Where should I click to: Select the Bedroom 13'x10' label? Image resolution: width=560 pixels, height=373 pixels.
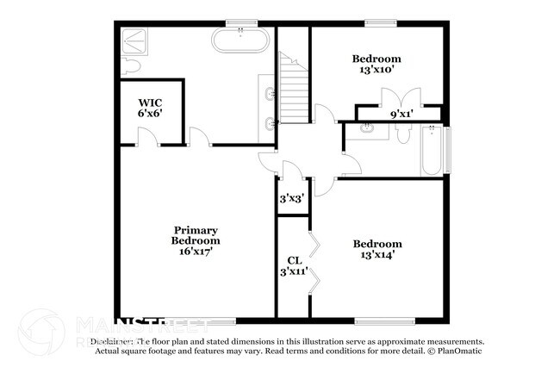(376, 65)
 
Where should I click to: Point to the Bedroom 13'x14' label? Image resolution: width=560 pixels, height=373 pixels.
(376, 249)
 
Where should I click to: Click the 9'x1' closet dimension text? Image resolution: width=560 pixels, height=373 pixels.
(401, 113)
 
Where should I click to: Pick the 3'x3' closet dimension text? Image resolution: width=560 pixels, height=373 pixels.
(290, 198)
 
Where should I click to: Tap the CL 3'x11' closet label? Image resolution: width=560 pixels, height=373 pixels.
(293, 266)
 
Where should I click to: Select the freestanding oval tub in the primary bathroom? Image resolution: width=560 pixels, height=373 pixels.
(243, 40)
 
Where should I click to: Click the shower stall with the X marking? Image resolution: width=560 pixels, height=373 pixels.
(134, 40)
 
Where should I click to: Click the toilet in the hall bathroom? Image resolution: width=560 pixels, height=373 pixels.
(403, 133)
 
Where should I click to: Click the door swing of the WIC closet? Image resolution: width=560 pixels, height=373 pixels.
(147, 135)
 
